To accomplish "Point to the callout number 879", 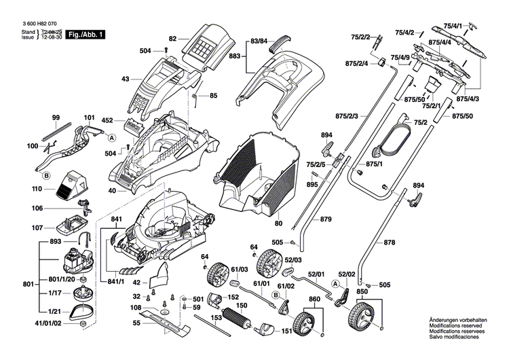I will click(x=326, y=219).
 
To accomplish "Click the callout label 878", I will click(x=390, y=242).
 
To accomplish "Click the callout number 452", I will click(x=108, y=120).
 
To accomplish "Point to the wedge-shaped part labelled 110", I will click(x=70, y=185).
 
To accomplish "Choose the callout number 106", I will click(x=37, y=208).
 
